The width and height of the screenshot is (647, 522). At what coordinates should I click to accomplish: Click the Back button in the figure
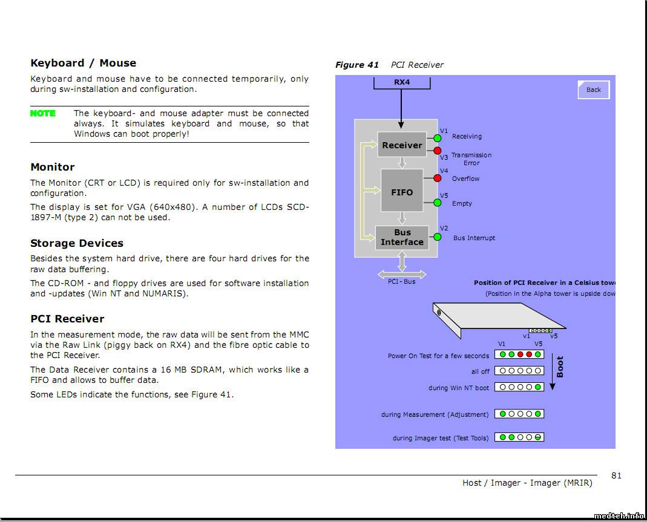click(x=593, y=90)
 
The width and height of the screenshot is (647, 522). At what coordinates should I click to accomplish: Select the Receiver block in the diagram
click(x=402, y=145)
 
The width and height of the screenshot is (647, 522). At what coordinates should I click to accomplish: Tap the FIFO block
click(x=402, y=192)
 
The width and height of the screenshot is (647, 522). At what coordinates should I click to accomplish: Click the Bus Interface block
click(x=402, y=237)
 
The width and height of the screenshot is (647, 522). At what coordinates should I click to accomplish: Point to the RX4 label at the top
click(x=402, y=82)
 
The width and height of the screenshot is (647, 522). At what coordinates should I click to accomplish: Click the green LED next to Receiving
click(x=438, y=139)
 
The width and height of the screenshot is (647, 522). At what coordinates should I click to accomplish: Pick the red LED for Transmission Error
click(x=438, y=151)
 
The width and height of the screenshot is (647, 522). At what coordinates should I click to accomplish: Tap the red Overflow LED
click(x=438, y=178)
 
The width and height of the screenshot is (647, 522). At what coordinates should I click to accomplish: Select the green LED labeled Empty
click(x=438, y=203)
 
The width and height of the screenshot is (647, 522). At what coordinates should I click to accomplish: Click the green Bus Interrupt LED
click(x=438, y=237)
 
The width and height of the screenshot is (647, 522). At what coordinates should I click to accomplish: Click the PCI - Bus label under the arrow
click(x=402, y=281)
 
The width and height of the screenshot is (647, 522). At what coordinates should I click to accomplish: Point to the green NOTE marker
click(x=43, y=113)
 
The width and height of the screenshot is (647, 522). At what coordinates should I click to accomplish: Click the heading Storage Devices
click(x=77, y=243)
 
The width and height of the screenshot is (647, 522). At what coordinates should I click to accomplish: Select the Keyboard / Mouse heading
click(x=83, y=63)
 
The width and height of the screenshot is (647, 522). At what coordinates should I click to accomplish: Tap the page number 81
click(x=616, y=475)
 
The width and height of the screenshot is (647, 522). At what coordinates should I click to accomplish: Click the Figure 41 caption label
click(x=357, y=65)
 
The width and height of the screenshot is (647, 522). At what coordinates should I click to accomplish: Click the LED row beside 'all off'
click(x=519, y=371)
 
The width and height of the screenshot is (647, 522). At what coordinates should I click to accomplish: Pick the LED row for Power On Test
click(x=519, y=354)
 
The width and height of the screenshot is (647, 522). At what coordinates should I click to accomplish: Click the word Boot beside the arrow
click(x=560, y=367)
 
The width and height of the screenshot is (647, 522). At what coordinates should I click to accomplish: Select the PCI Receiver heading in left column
click(x=67, y=319)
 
